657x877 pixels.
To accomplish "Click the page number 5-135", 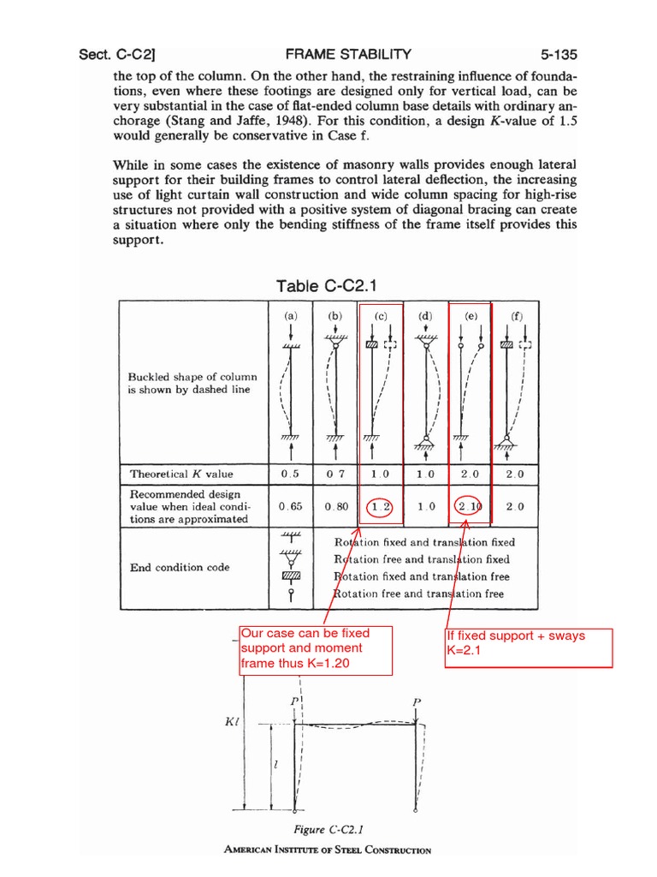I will click(555, 54).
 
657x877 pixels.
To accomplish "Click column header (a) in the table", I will click(291, 315).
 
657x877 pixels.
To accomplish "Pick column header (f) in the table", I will click(516, 315).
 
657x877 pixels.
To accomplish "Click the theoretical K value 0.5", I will click(290, 474).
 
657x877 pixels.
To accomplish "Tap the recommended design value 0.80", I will click(336, 506).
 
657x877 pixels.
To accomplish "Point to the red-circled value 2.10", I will click(470, 506).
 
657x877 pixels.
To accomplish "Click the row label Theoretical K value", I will click(181, 474).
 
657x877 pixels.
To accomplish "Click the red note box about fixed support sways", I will click(529, 647).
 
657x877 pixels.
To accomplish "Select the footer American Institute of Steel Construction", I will click(328, 850).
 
